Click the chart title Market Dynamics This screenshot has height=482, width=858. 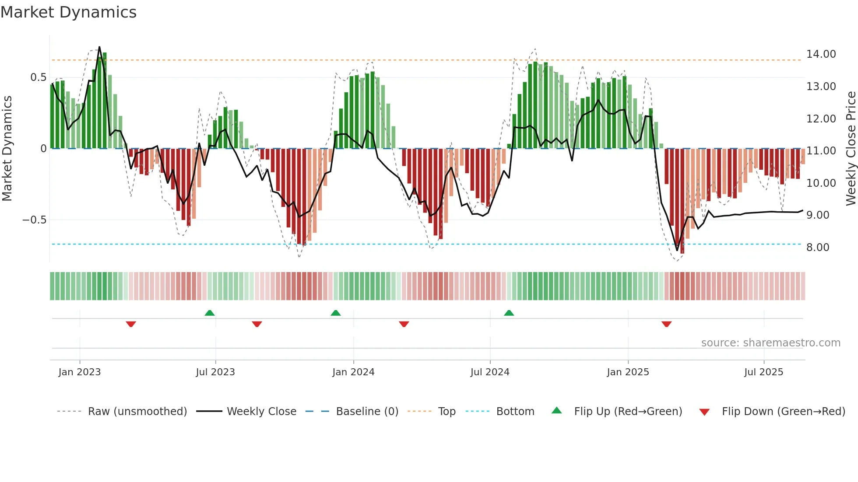(68, 12)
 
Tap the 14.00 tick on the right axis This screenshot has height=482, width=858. (821, 54)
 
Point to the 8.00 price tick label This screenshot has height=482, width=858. (817, 248)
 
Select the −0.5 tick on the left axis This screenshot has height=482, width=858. (34, 220)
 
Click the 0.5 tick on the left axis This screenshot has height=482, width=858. (38, 77)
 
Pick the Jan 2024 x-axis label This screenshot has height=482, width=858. (353, 372)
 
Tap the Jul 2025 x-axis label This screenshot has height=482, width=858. (763, 372)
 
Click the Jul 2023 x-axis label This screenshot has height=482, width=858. (215, 372)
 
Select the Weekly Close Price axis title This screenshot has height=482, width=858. (851, 149)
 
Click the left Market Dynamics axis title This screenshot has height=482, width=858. (7, 149)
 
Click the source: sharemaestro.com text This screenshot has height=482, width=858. (770, 343)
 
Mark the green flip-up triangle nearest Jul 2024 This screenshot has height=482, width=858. (509, 313)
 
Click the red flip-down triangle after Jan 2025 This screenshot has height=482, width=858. (666, 324)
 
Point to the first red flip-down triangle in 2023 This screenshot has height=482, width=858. (131, 324)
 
